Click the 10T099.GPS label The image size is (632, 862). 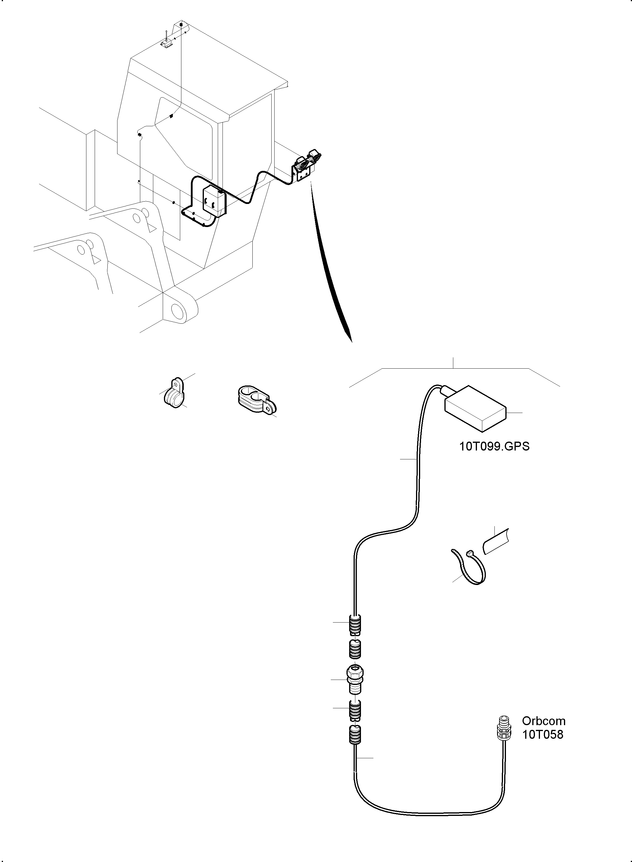(494, 446)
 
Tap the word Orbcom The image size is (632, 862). (544, 721)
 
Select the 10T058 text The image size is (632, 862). (543, 734)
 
